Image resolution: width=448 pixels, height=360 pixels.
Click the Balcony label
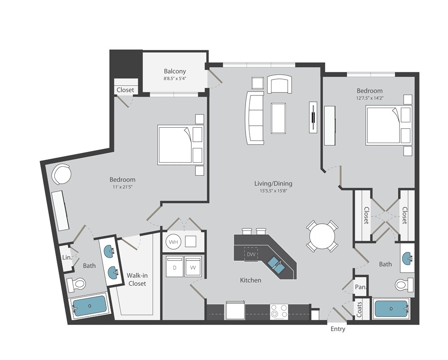(x=175, y=71)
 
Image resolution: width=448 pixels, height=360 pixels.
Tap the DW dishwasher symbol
(x=251, y=254)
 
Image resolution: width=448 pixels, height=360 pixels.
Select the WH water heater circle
(x=173, y=242)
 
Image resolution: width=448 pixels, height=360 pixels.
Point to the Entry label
(x=338, y=329)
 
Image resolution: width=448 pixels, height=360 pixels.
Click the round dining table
(x=322, y=236)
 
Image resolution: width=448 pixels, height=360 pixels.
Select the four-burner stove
(x=279, y=312)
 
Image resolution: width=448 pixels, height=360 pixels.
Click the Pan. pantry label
(x=361, y=286)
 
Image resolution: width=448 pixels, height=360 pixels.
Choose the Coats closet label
(x=359, y=309)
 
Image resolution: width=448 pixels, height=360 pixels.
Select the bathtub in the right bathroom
(x=391, y=309)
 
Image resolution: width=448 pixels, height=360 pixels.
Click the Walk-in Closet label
(x=137, y=279)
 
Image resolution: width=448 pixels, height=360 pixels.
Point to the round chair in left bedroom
(x=61, y=174)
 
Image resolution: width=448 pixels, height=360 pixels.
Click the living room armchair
(x=280, y=84)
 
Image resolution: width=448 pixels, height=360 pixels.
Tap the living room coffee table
(x=279, y=118)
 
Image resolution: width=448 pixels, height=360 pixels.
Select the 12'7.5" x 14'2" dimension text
(x=370, y=98)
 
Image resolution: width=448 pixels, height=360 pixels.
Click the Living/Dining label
(x=273, y=183)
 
